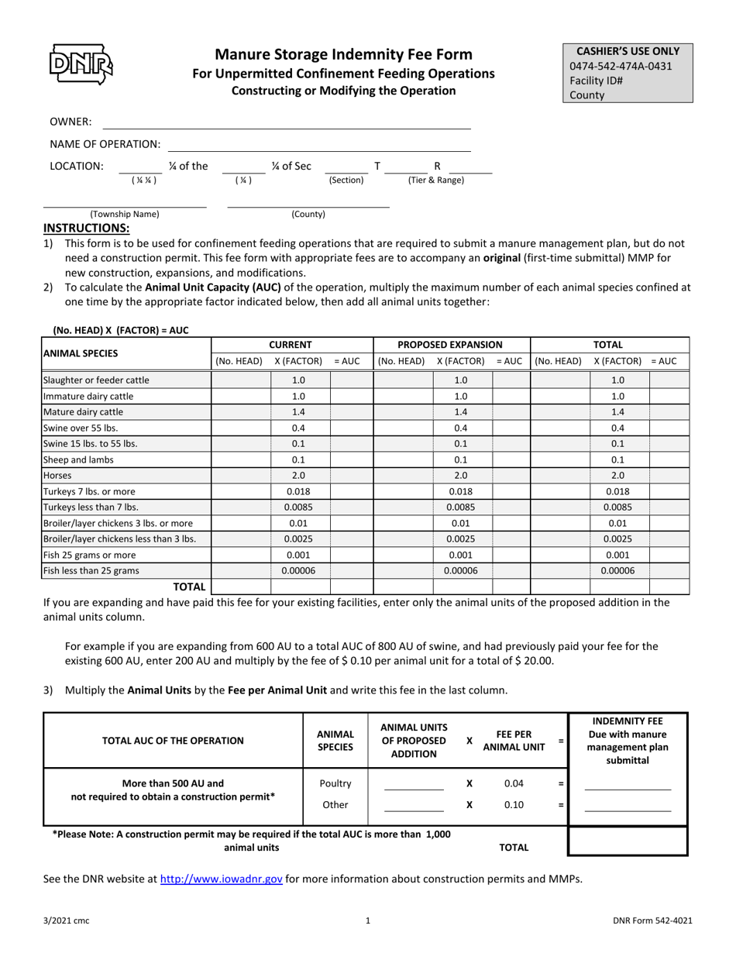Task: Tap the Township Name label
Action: (x=125, y=214)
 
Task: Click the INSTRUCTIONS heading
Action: (x=86, y=228)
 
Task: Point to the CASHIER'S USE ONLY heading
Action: (x=628, y=51)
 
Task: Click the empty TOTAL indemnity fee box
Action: (x=628, y=841)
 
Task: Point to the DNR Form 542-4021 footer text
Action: (x=652, y=920)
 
